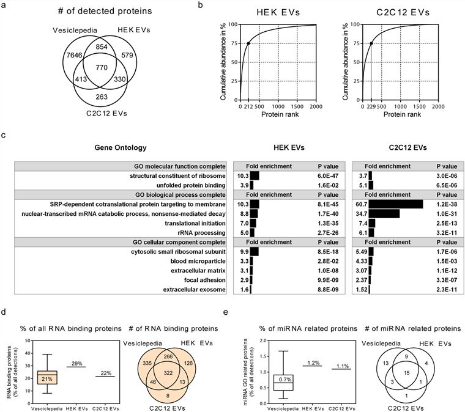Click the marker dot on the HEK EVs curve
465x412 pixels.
pos(248,43)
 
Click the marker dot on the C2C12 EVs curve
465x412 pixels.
pos(371,43)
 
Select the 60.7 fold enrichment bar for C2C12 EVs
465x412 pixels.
pos(396,204)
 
